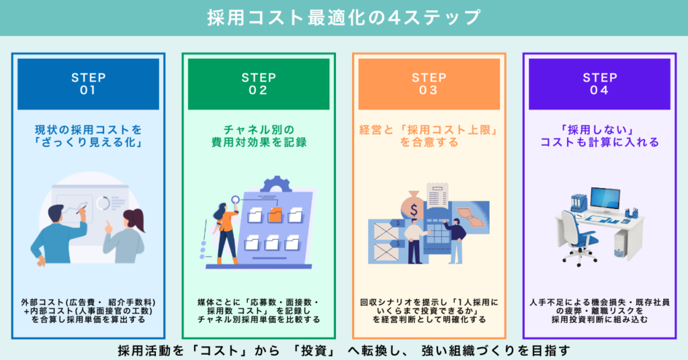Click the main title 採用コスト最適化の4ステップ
(x=344, y=17)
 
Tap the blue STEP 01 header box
(x=88, y=84)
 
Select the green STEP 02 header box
(x=259, y=84)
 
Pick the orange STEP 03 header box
(x=429, y=84)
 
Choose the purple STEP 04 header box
(x=599, y=84)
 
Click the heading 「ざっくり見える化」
(x=88, y=143)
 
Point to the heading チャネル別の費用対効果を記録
(x=259, y=136)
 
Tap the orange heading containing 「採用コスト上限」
(x=429, y=136)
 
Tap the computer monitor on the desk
(x=605, y=202)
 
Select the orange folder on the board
(x=275, y=216)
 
